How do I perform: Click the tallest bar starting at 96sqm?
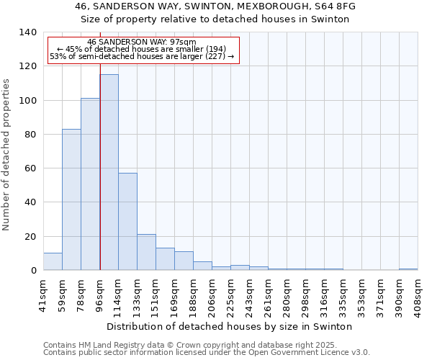pos(109,173)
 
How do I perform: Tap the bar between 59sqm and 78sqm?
pos(71,199)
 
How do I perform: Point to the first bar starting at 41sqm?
pos(53,261)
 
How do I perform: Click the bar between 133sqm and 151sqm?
pos(146,252)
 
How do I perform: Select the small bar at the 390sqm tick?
pos(408,269)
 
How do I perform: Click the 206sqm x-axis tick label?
pos(212,292)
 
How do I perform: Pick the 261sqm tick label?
pos(269,292)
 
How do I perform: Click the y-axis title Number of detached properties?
pos(6,154)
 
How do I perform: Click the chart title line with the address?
pos(215,6)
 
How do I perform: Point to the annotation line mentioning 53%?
pos(141,56)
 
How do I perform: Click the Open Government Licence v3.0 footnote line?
pos(206,352)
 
